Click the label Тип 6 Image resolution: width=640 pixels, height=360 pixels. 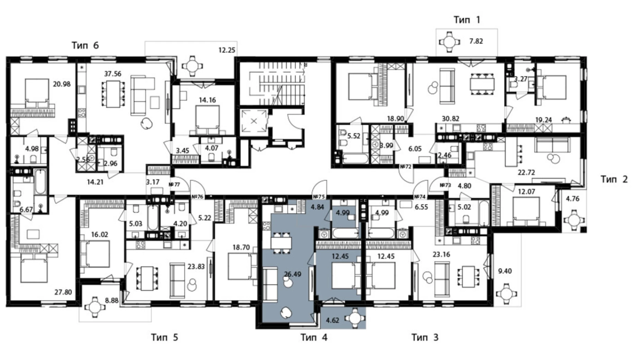tap(85, 45)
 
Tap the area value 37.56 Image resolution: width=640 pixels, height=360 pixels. tap(113, 74)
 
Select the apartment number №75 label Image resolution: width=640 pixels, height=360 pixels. tap(319, 197)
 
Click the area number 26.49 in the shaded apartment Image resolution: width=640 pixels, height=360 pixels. tap(292, 274)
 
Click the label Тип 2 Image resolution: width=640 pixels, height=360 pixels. tap(614, 179)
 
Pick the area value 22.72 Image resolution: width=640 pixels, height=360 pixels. tap(526, 172)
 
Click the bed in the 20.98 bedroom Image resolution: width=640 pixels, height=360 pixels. tap(37, 91)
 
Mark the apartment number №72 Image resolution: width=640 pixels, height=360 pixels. tap(405, 167)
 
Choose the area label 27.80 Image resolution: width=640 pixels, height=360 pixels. tap(63, 292)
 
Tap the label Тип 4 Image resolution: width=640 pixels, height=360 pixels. tap(314, 337)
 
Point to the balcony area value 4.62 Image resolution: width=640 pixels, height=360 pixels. tap(332, 321)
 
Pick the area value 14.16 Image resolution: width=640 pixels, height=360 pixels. tap(207, 100)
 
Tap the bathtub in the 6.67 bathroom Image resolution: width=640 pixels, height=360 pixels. tap(40, 181)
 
